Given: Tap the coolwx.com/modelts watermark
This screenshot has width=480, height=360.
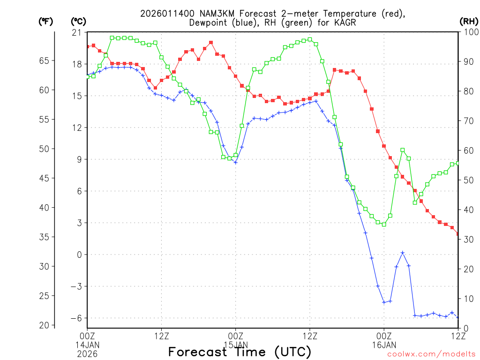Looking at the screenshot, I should coord(431,353).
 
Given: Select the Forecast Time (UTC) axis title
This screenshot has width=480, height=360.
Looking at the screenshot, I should coord(240,352).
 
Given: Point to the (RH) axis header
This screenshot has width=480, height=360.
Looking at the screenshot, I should coord(468,22).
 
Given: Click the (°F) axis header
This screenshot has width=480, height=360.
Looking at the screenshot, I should coord(45,22).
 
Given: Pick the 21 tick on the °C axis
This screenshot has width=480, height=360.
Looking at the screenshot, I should coord(76,32).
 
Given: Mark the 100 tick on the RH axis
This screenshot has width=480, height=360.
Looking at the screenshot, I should coord(469,32).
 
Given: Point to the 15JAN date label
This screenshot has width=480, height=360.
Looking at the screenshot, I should coord(235,344).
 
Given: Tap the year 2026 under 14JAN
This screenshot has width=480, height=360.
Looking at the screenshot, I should coord(87,352).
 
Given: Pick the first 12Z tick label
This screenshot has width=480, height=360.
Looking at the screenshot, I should coord(161,335).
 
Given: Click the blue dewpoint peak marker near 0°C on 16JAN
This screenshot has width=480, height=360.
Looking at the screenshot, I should coord(402,253).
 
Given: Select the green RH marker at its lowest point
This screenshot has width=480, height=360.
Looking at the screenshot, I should coord(383,225).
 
